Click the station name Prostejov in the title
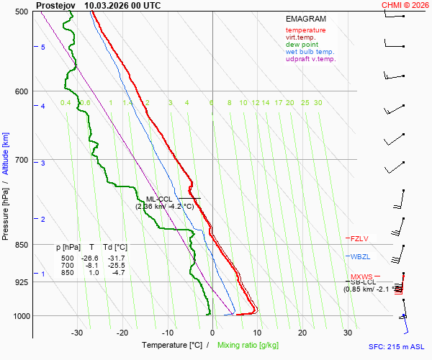click(55, 5)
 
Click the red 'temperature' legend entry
click(305, 30)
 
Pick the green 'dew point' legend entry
click(302, 45)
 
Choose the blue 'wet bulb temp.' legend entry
click(310, 52)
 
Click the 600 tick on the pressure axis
click(21, 91)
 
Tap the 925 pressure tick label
click(21, 282)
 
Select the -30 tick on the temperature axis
click(77, 333)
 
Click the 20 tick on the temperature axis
click(302, 333)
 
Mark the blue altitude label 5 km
click(42, 48)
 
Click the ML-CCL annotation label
click(160, 199)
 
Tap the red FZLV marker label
click(360, 238)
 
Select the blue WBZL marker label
click(360, 257)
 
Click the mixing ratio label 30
click(318, 103)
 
